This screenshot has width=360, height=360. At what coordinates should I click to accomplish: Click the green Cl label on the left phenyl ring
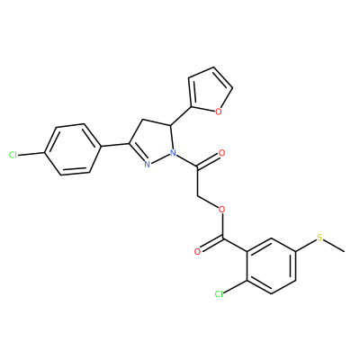13,155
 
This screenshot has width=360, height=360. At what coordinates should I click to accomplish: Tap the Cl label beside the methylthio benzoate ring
220,294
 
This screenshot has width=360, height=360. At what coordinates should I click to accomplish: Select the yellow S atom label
319,238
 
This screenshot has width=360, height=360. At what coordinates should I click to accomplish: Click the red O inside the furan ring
219,112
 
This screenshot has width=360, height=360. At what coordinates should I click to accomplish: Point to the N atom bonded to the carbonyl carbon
173,153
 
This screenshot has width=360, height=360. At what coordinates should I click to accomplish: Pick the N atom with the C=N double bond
147,164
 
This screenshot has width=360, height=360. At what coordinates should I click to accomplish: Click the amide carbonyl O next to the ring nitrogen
222,153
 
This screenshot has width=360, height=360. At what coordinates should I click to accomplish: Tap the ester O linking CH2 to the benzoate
221,209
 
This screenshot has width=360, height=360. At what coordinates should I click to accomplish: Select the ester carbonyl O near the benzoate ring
197,251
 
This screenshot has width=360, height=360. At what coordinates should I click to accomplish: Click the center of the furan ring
208,91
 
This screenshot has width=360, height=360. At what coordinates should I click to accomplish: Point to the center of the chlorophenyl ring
72,149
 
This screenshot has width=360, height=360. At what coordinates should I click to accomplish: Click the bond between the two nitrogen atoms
159,158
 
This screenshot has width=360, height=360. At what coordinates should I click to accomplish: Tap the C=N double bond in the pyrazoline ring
138,154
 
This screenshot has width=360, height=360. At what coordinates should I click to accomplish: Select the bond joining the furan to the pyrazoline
181,115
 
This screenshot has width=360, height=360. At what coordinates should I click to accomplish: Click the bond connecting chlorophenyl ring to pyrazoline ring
114,145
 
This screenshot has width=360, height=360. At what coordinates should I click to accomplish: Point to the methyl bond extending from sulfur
334,246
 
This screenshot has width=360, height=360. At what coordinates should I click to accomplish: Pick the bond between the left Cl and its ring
31,154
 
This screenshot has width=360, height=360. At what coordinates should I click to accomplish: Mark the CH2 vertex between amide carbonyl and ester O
197,195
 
